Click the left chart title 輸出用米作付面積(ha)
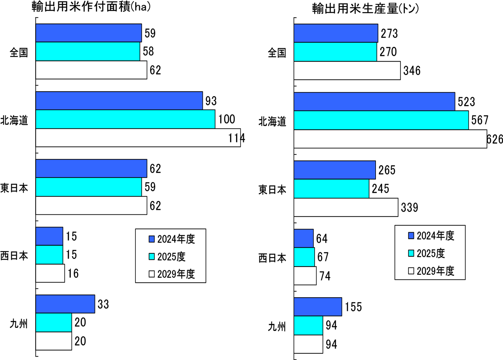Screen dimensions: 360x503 tap(91, 7)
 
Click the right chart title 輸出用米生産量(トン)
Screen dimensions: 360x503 tap(366, 8)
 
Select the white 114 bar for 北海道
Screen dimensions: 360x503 tap(138, 138)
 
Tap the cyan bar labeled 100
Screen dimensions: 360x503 tap(125, 119)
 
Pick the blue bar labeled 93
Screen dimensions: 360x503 tap(119, 101)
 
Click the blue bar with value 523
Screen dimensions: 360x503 tap(374, 102)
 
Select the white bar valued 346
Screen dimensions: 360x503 tap(347, 70)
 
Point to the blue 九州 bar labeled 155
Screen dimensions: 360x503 tap(318, 307)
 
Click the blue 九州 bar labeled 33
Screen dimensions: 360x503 tap(65, 304)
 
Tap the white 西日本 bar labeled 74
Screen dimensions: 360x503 tap(305, 276)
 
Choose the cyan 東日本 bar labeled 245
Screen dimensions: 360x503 tap(331, 189)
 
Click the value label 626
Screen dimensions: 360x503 tap(495, 139)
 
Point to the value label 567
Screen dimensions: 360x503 tap(480, 120)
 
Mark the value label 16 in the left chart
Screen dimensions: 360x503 tap(73, 273)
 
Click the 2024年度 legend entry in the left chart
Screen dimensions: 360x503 tap(172, 239)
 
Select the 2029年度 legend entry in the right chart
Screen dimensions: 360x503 tap(431, 271)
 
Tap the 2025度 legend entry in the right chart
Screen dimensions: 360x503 tap(427, 253)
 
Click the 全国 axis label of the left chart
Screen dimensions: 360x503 tap(19, 52)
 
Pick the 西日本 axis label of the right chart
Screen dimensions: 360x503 tap(272, 258)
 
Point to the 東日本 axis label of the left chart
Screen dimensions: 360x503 tap(14, 188)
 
